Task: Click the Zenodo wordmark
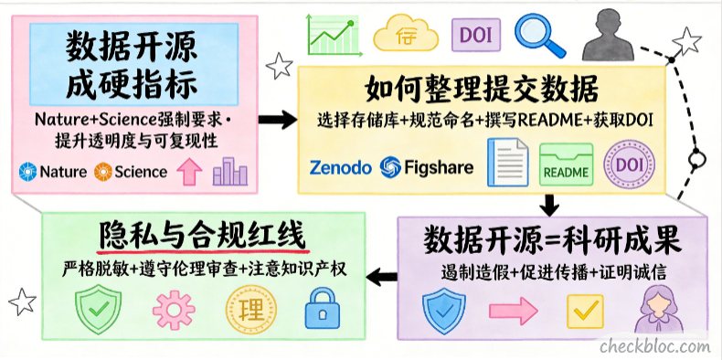[340, 167]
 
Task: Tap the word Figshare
[439, 167]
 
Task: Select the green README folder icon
[566, 164]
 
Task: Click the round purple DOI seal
[629, 164]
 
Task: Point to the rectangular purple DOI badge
[475, 35]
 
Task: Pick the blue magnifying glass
[539, 35]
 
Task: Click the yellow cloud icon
[406, 34]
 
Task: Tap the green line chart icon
[333, 35]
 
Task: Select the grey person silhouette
[608, 36]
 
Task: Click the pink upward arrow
[189, 171]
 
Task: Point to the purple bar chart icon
[229, 171]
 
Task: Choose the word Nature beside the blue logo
[63, 172]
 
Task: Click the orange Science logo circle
[102, 172]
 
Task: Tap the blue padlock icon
[323, 309]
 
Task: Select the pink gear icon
[174, 310]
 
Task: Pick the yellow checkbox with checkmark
[585, 312]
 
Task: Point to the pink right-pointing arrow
[513, 312]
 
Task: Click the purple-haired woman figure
[659, 309]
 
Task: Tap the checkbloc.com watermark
[654, 345]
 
